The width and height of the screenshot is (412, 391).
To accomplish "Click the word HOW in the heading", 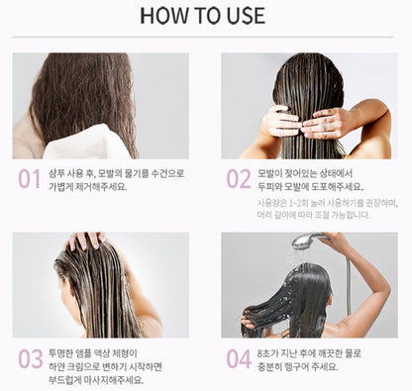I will pyautogui.click(x=164, y=16).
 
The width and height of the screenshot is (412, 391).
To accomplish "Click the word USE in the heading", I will pyautogui.click(x=243, y=16).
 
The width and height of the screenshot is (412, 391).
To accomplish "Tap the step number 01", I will pyautogui.click(x=28, y=179).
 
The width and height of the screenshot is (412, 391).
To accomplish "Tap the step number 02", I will pyautogui.click(x=238, y=179).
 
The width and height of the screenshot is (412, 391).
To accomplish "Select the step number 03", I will pyautogui.click(x=28, y=358).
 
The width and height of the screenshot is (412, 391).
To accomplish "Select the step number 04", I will pyautogui.click(x=238, y=358).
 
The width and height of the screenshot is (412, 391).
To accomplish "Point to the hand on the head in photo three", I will pyautogui.click(x=85, y=241).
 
